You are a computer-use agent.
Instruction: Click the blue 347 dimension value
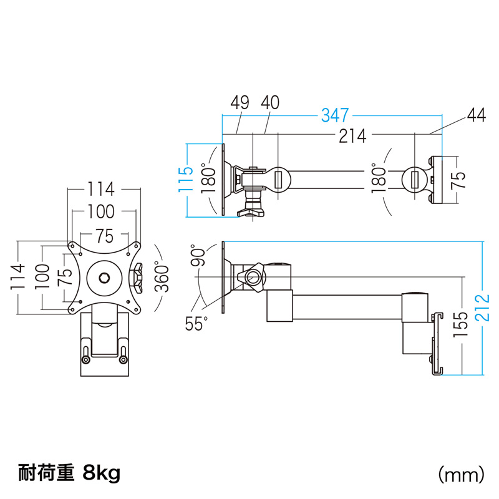(336, 116)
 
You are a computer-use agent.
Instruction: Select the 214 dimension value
(352, 137)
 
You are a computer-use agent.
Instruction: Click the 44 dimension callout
(475, 116)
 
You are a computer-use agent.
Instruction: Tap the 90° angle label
(199, 255)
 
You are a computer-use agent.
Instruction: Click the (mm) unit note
(462, 475)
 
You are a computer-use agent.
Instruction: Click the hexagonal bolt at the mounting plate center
(104, 276)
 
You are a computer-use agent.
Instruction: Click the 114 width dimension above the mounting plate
(101, 188)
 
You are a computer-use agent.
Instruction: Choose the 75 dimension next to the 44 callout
(459, 181)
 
